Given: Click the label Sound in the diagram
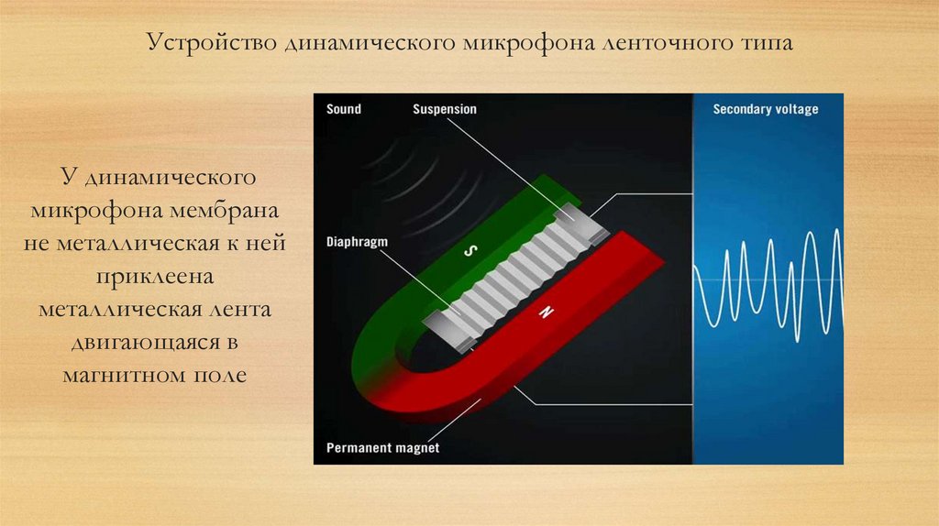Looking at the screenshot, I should point(344,109).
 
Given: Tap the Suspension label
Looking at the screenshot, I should point(445,109).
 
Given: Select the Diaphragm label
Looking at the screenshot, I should point(358,243).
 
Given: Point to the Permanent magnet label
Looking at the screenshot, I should point(383,448).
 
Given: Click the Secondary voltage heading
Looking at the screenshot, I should point(766,110).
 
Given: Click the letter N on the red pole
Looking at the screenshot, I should point(547,314).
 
